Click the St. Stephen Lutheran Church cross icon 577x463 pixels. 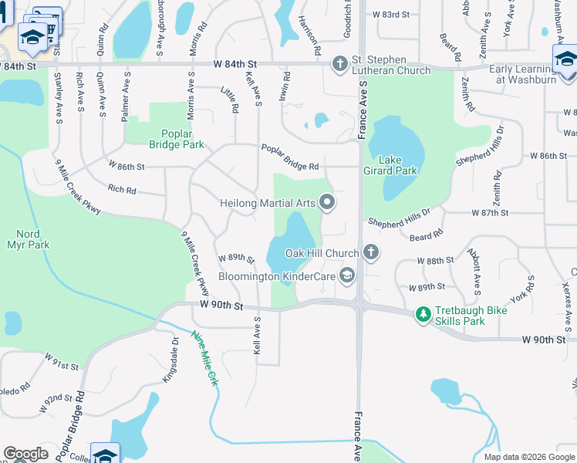(x=340, y=64)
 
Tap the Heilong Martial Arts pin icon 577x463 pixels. (x=327, y=203)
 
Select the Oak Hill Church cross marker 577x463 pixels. (x=371, y=252)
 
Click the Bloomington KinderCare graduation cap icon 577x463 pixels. (x=347, y=275)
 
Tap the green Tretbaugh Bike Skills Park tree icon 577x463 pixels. (x=423, y=314)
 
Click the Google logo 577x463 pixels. (x=25, y=454)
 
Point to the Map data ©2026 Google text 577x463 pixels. (x=528, y=457)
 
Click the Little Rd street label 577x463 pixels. (x=230, y=101)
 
